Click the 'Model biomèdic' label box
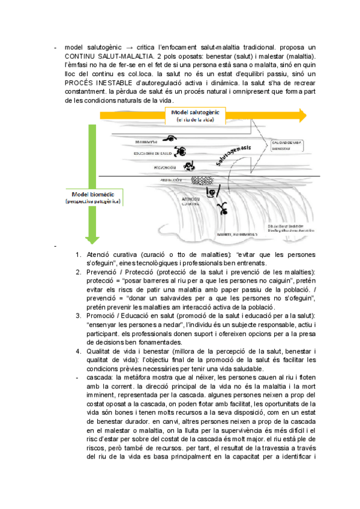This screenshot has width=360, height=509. (93, 198)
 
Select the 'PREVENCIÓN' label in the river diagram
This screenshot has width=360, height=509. (164, 167)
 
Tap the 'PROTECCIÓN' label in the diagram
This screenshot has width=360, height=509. (171, 179)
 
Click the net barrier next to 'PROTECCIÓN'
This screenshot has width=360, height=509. (198, 179)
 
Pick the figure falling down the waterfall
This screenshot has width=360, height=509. (223, 208)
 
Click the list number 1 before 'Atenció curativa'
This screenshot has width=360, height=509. (79, 254)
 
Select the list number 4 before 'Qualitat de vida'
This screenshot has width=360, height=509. (79, 350)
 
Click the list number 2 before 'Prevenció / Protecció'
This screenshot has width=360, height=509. (79, 272)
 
